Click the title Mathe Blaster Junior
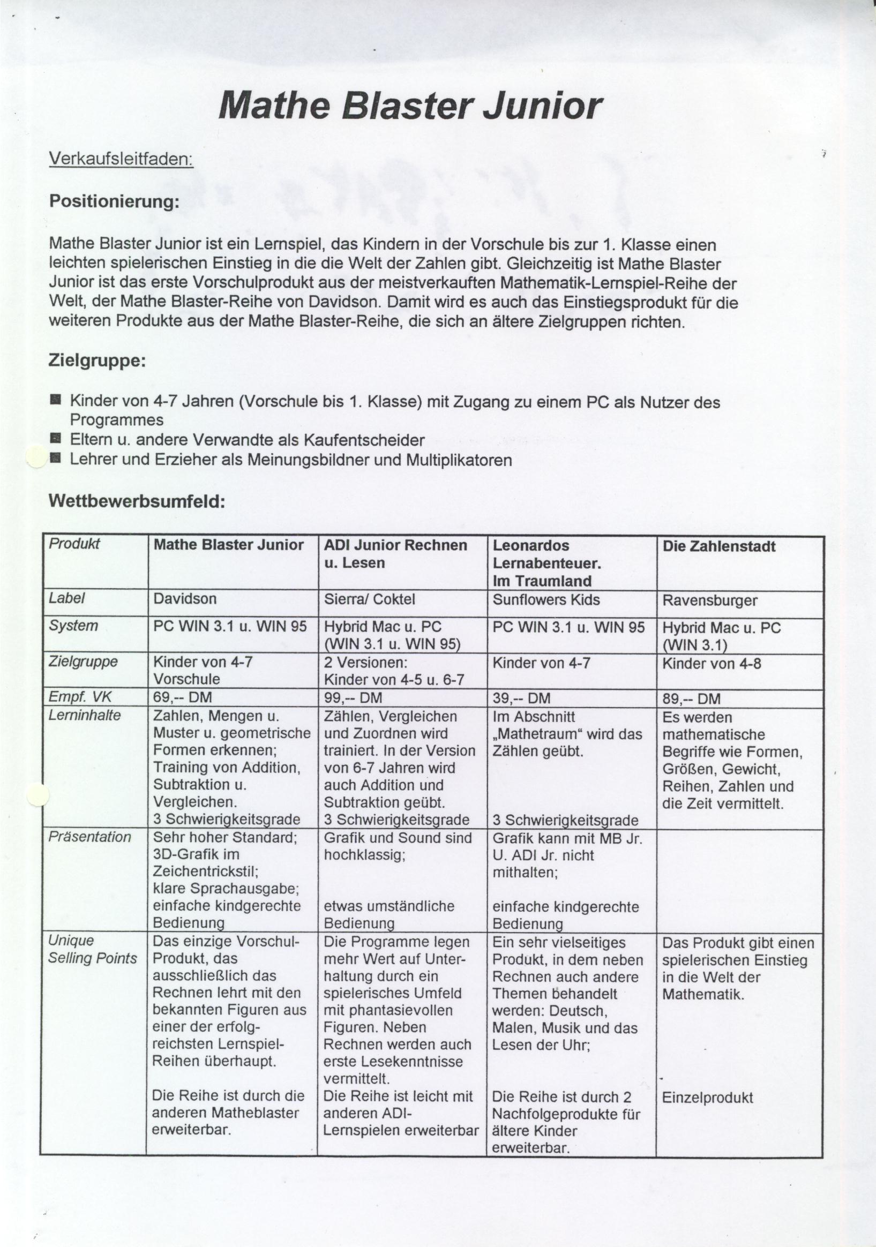point(410,105)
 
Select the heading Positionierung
point(114,201)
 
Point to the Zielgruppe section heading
point(97,360)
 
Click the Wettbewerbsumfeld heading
point(137,501)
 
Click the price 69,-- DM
point(183,697)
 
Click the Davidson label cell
point(185,599)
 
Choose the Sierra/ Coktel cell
point(369,599)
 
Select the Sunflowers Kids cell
point(546,600)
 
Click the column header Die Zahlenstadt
point(719,547)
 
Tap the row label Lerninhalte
point(85,715)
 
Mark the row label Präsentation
point(89,837)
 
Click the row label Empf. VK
point(80,697)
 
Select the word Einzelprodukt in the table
point(708,1083)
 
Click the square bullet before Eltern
point(55,438)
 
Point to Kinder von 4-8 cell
point(712,664)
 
